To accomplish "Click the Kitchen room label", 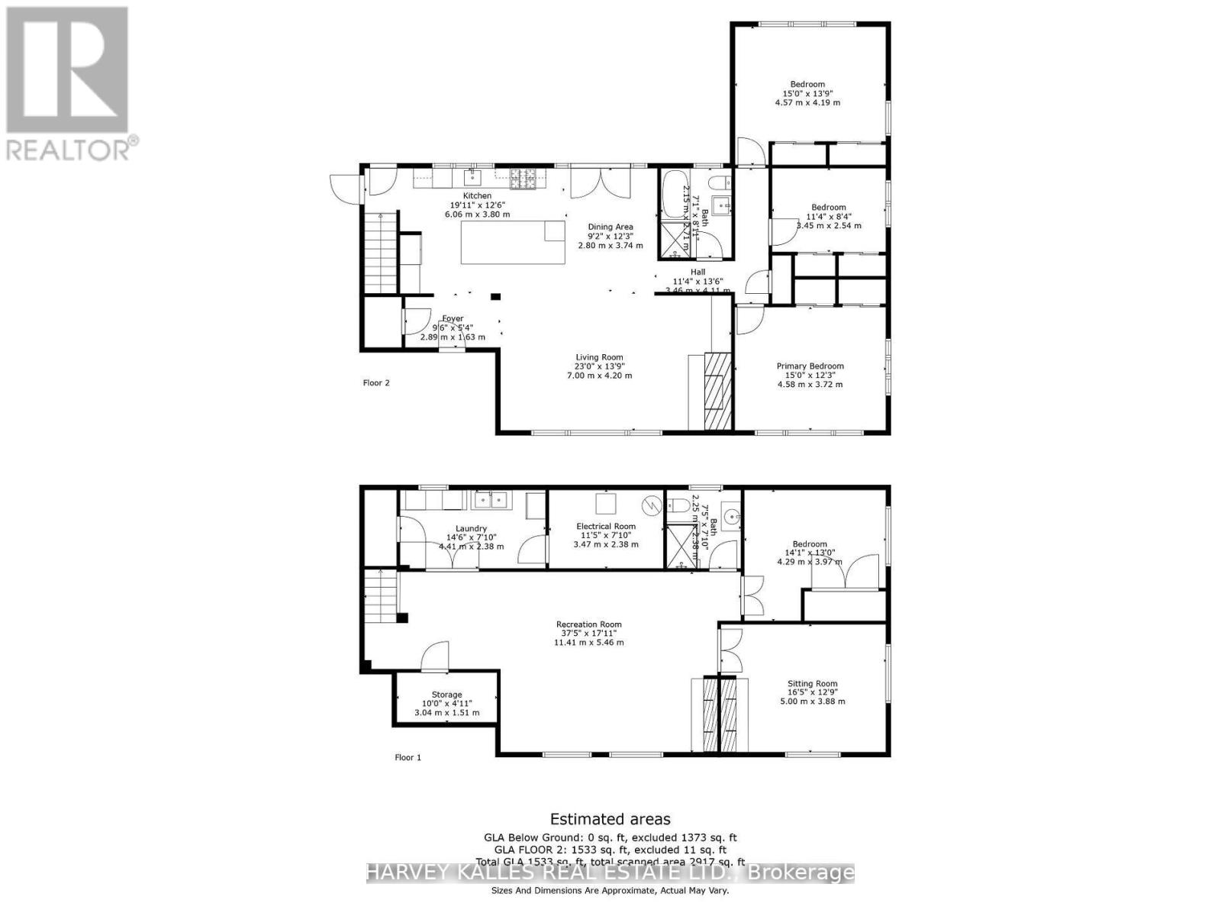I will tap(477, 196).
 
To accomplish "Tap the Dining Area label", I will tap(610, 227).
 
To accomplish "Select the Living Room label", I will tap(599, 357).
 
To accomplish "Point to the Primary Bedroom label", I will tap(810, 366).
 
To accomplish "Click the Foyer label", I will tap(453, 319).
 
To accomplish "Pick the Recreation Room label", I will tap(588, 624).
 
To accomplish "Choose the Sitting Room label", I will tap(812, 684).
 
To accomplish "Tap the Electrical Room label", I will tap(605, 526).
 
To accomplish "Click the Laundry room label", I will tap(471, 528).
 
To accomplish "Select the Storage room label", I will tap(446, 695).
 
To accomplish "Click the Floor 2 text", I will tap(376, 383).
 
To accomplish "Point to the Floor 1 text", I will tap(408, 757).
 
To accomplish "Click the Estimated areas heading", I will tap(610, 819).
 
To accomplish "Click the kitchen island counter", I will tap(513, 241).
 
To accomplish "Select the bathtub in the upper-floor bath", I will tap(673, 195).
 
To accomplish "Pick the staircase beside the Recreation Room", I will tap(380, 598).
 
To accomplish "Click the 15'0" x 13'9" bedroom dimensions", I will tap(807, 93).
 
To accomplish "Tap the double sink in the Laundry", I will tap(491, 501).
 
